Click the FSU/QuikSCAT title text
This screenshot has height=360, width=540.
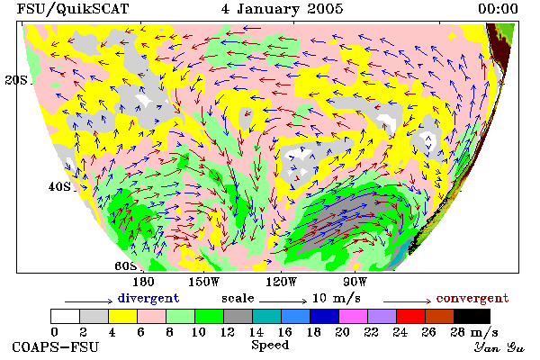73,9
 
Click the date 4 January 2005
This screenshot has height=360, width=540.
282,9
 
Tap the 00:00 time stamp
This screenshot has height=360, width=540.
498,9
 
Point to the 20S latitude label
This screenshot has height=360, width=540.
16,80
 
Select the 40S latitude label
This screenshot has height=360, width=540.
59,186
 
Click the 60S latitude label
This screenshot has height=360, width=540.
125,266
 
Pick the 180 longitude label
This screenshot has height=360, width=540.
143,282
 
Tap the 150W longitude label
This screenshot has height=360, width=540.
204,282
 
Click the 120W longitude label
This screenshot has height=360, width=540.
281,282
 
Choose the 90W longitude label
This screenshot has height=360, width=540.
355,282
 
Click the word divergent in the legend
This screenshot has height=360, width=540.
148,298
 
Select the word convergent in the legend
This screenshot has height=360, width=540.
472,298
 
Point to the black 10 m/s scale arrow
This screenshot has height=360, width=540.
283,301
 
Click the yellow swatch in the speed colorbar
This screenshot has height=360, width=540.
122,316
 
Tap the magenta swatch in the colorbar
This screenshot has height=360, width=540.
353,316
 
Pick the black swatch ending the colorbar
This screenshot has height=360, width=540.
472,316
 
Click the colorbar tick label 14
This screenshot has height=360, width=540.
256,332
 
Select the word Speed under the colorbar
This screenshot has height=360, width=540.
270,346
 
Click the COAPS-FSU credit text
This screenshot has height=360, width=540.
56,346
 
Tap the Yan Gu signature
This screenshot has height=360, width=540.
499,347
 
